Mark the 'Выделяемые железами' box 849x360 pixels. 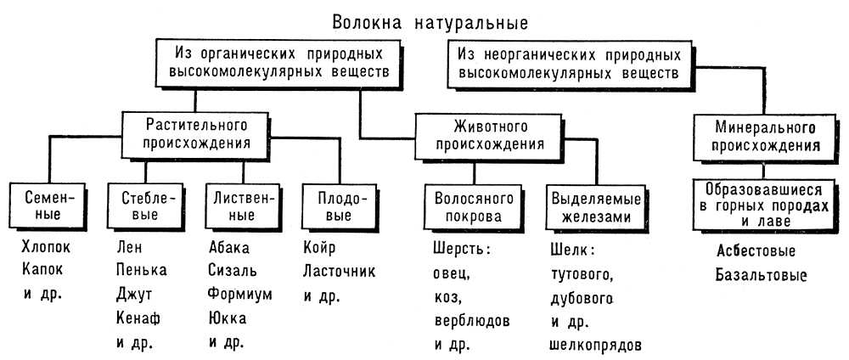point(591,207)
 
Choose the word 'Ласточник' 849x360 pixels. point(339,273)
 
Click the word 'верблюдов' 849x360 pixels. point(469,322)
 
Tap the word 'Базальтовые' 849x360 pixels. point(759,276)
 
